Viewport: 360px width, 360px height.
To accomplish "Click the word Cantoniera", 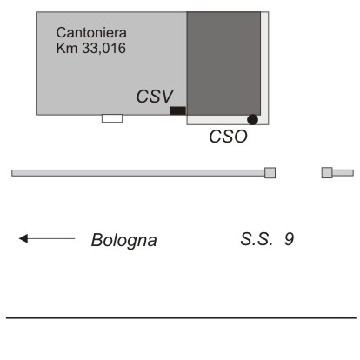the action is (91, 32).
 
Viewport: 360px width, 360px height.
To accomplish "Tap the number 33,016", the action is (103, 48).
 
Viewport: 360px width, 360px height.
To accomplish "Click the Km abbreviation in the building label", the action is (67, 48).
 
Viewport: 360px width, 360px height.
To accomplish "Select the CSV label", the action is (155, 96).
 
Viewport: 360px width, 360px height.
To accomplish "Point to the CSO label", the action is (229, 137).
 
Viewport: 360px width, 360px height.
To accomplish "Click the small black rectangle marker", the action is (177, 110).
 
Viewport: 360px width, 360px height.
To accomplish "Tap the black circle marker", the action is (252, 119).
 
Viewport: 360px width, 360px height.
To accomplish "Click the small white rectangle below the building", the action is (112, 118).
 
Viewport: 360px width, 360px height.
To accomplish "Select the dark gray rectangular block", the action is (223, 63).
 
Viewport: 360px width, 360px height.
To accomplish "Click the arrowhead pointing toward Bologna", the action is (23, 238).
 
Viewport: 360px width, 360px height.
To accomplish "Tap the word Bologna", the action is (123, 240).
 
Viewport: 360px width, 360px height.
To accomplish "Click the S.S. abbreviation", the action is (257, 239).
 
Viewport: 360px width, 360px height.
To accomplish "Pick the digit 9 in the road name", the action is (290, 239).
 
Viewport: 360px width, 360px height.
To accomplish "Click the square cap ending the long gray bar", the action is (270, 173).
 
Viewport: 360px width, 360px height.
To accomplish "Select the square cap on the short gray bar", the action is (327, 173).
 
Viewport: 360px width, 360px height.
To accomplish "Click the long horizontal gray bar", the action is (138, 173).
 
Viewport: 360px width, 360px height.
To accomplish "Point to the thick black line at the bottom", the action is (181, 317).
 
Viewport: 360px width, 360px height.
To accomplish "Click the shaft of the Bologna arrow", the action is (51, 238).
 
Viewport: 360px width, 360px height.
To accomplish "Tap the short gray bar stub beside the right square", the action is (343, 173).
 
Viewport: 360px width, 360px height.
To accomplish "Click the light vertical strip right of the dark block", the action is (264, 63).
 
